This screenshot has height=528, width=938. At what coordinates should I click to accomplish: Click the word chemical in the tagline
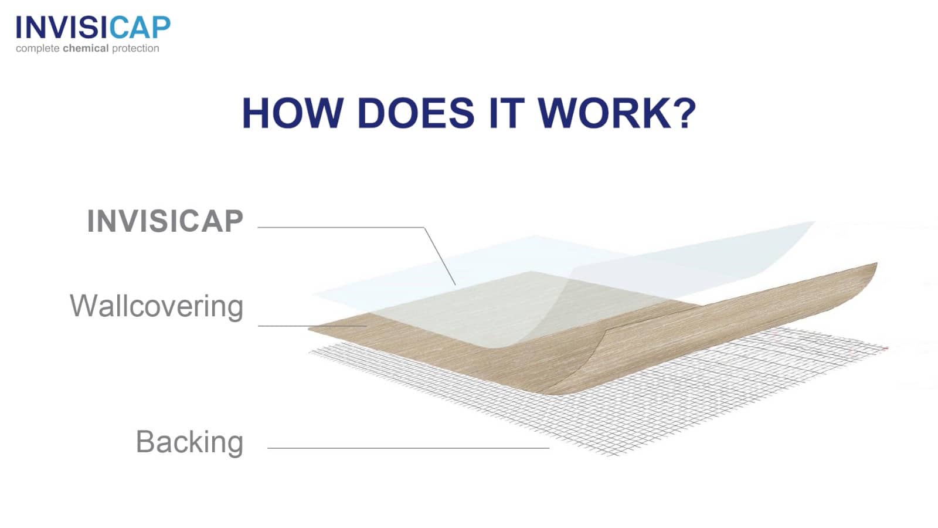[x=86, y=48]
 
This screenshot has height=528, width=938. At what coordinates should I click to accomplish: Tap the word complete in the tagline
[x=38, y=49]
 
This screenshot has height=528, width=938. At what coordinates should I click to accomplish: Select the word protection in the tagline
[x=135, y=49]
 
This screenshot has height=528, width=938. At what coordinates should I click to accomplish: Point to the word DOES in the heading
[x=416, y=113]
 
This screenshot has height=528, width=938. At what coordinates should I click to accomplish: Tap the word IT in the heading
[x=507, y=113]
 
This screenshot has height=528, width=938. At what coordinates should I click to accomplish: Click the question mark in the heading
[x=684, y=113]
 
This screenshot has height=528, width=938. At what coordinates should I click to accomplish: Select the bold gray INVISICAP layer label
[x=165, y=221]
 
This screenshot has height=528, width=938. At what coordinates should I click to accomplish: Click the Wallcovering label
[x=156, y=306]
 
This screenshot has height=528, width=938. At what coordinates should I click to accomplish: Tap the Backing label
[x=189, y=442]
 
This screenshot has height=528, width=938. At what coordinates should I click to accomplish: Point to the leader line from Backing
[x=408, y=448]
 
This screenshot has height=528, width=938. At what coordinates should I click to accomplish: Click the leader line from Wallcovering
[x=312, y=326]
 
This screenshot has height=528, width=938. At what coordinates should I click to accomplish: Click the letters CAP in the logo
[x=140, y=28]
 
